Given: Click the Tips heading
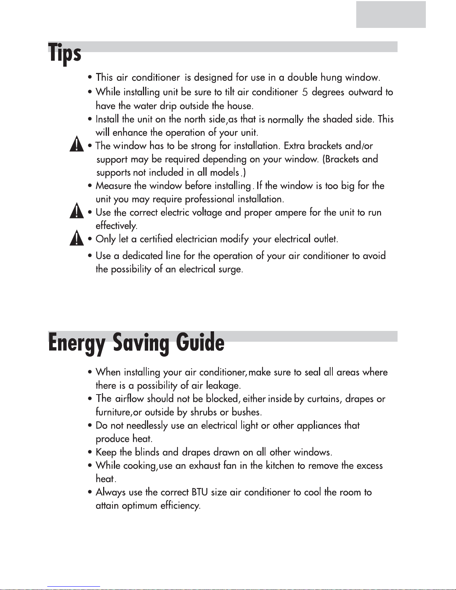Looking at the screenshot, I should pos(65,53).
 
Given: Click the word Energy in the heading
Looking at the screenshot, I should pos(76,343).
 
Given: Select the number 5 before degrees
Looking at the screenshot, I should pos(305,92).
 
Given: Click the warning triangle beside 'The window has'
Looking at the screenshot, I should pos(77,144).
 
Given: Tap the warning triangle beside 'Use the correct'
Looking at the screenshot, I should pos(77,211).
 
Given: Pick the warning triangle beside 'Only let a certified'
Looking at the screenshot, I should pos(77,238).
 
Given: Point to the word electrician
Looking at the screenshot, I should pos(196,239).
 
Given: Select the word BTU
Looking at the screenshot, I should pos(200,492).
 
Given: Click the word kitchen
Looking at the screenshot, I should pos(280,466).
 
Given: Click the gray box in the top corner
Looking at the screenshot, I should pos(390,15).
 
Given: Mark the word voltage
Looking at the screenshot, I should pos(207,213).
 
